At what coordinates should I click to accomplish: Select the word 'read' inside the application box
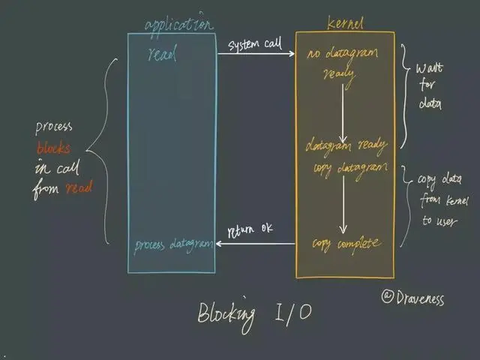coord(163,55)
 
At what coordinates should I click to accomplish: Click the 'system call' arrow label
coord(254,44)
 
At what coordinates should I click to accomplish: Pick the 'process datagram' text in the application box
coord(173,245)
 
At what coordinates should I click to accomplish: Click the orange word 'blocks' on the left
coord(54,148)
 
